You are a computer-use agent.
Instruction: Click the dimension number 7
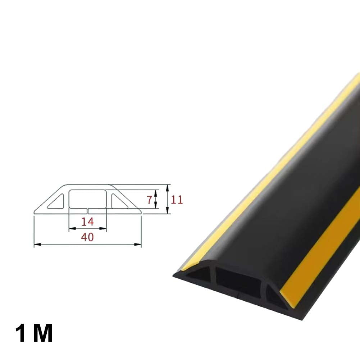click(149, 200)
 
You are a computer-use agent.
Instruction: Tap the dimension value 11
click(177, 200)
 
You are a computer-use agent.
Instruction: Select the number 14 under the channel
click(87, 222)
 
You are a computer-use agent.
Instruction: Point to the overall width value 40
click(87, 237)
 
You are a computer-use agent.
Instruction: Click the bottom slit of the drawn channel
click(87, 209)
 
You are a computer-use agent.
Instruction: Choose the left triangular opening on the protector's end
click(199, 275)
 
